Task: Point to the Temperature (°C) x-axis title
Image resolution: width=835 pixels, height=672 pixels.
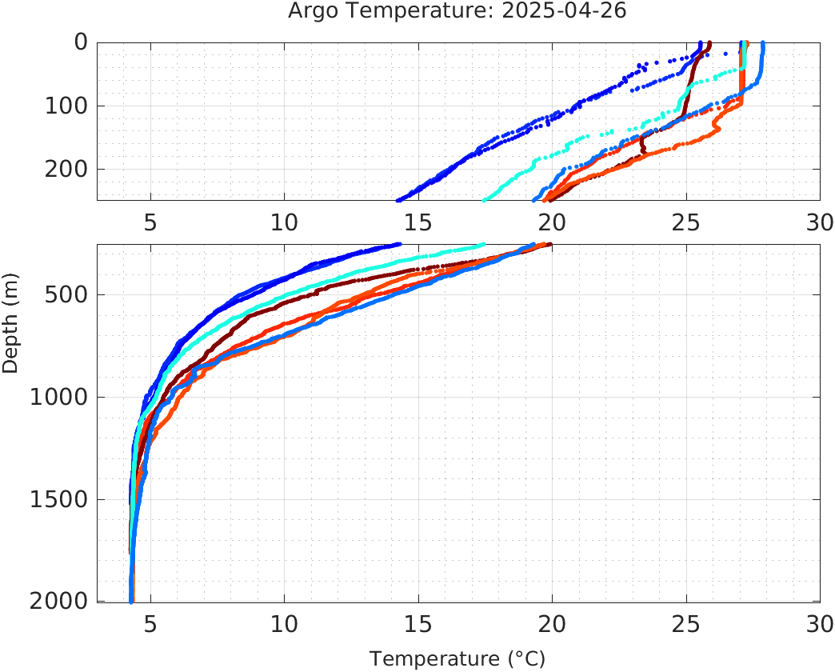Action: click(457, 659)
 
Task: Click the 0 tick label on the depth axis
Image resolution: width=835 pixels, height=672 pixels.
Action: click(81, 42)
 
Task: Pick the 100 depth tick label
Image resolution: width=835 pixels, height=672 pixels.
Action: click(66, 106)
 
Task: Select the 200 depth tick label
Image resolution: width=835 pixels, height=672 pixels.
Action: click(66, 169)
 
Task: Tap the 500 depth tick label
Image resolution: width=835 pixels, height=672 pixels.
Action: click(66, 295)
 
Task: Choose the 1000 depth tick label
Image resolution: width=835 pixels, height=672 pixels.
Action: click(58, 398)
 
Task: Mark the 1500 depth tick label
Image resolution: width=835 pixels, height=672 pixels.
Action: click(58, 500)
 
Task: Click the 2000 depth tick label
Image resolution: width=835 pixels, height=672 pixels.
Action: click(58, 602)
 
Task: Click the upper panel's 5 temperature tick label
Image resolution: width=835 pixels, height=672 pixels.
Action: click(150, 222)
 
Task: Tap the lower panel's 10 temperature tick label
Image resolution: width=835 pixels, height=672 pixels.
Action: click(284, 624)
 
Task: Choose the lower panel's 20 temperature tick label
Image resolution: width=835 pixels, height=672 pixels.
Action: click(552, 624)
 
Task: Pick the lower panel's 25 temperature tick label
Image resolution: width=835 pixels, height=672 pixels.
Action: click(685, 624)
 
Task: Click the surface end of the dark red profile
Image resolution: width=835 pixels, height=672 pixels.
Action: click(709, 44)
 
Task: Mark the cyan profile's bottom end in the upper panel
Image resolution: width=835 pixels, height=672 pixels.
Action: click(484, 199)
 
